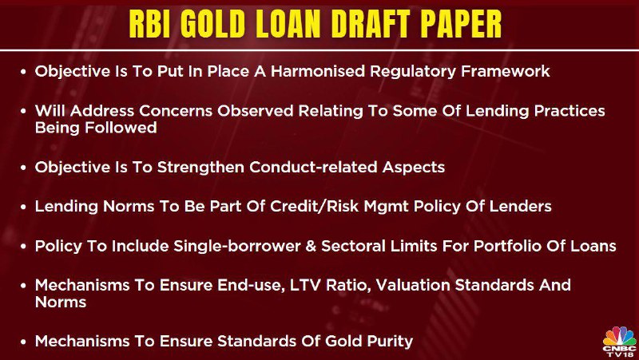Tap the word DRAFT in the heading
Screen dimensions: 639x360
click(374, 25)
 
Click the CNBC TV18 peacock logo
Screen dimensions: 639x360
click(619, 342)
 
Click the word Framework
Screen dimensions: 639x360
click(506, 71)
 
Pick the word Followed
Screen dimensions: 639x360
click(121, 128)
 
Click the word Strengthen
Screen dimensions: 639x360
click(201, 167)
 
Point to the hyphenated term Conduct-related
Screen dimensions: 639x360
click(313, 167)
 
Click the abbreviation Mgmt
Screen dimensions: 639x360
click(387, 207)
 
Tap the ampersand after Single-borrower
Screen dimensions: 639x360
click(311, 246)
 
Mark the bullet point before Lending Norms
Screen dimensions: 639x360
click(24, 208)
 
